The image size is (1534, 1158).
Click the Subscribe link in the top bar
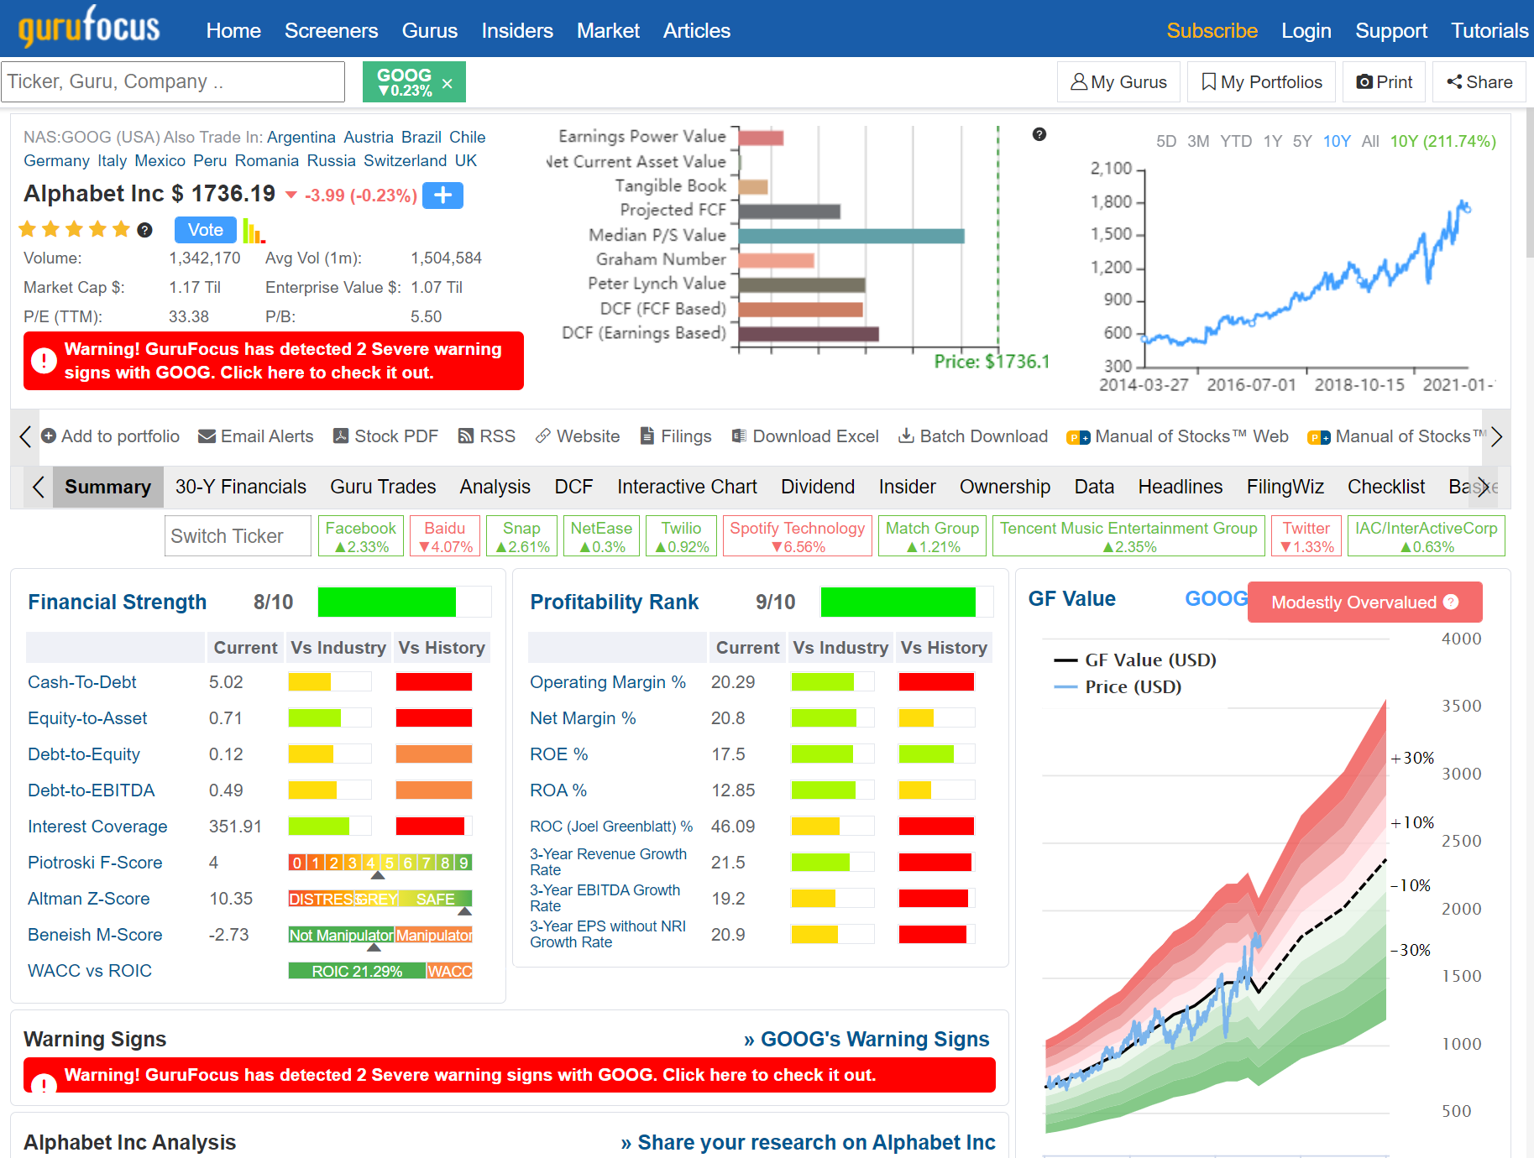point(1212,31)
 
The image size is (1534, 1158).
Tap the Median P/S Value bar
point(851,236)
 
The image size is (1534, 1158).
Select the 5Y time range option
point(1301,141)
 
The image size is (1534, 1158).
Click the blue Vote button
point(205,230)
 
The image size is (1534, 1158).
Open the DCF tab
point(573,487)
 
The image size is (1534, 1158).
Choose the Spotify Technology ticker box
point(797,536)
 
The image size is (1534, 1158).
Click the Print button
point(1384,81)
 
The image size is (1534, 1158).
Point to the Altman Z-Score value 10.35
point(231,899)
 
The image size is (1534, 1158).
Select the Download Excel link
point(805,436)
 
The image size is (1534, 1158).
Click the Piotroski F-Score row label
point(95,863)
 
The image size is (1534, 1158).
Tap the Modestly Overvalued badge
point(1364,602)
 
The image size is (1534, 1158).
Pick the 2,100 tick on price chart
point(1111,169)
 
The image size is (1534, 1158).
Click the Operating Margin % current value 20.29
point(733,682)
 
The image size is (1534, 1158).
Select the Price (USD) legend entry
point(1132,687)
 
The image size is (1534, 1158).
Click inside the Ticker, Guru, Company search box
point(172,81)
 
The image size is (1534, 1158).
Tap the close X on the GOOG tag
point(448,83)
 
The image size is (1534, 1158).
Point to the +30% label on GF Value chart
point(1412,758)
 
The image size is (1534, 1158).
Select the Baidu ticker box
point(445,536)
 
